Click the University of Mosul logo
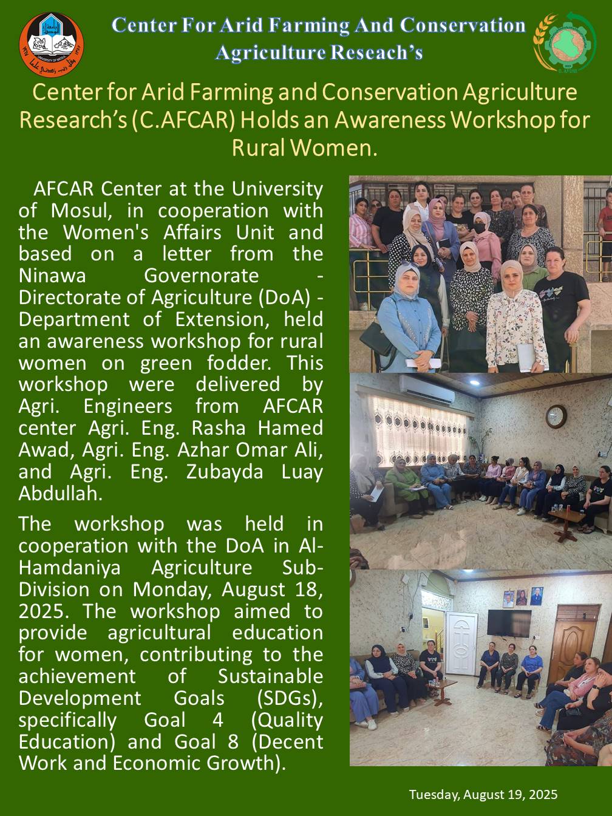click(x=51, y=45)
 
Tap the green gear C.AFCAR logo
click(x=565, y=42)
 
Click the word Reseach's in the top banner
click(x=376, y=52)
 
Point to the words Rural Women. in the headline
click(x=305, y=148)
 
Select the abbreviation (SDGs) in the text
click(x=290, y=698)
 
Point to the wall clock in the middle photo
click(x=556, y=416)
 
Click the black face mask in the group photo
click(x=480, y=228)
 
